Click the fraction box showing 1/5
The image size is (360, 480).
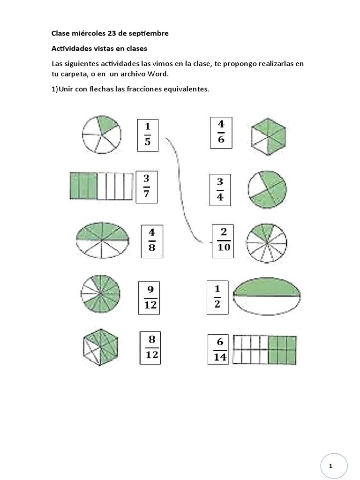[x=148, y=135]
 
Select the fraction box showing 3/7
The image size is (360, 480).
[x=146, y=187]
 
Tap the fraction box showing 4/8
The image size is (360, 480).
[x=152, y=241]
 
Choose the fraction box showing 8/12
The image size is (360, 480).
[x=151, y=347]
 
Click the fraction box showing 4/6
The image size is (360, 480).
[x=221, y=133]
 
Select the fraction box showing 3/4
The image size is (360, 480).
[x=220, y=189]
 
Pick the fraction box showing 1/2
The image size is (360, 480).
[x=217, y=297]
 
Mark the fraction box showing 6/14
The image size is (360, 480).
[x=219, y=349]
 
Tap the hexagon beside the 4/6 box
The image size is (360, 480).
[x=269, y=136]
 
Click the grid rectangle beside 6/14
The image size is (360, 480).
[x=264, y=350]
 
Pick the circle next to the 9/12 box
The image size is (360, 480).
[x=101, y=293]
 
